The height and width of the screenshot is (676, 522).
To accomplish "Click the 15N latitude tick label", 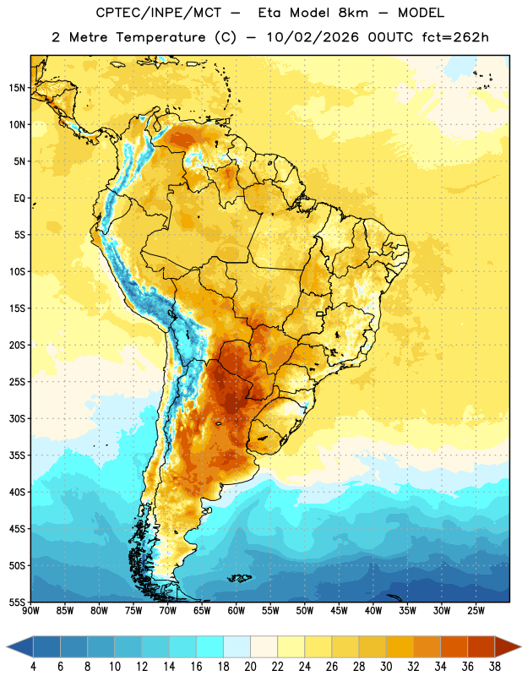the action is (x=17, y=88).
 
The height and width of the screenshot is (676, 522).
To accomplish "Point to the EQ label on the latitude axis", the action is (x=19, y=199).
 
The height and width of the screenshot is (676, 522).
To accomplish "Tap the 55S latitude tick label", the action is (x=17, y=602).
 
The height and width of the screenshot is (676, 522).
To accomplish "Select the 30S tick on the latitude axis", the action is (x=17, y=418).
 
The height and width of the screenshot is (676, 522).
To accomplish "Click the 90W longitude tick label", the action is (x=30, y=610).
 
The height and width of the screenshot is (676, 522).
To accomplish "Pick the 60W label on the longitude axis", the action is (x=237, y=610).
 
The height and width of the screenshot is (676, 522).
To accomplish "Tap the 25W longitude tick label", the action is (x=476, y=610).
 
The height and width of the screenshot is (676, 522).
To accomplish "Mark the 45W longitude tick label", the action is (x=339, y=610).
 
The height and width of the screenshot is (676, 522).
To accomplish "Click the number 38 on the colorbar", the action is (x=495, y=667).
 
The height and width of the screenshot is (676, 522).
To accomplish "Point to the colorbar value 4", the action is (x=33, y=667).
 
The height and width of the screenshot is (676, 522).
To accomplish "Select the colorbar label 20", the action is (x=250, y=667).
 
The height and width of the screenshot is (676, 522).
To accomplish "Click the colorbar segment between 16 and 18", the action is (x=210, y=646).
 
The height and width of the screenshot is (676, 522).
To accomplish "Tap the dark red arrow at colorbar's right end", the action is (x=508, y=646).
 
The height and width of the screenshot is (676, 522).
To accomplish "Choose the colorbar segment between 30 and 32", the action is (x=400, y=646).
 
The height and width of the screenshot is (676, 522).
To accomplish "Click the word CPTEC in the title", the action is (x=113, y=13).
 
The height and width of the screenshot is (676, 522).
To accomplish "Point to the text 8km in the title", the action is (x=353, y=13).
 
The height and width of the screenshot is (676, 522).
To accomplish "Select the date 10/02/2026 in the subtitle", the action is (x=313, y=37).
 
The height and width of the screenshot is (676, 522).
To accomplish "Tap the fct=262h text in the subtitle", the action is (x=455, y=37).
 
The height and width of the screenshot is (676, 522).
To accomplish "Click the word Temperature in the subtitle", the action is (x=160, y=38).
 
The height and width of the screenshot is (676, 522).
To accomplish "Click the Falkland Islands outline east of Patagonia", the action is (x=239, y=578).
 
